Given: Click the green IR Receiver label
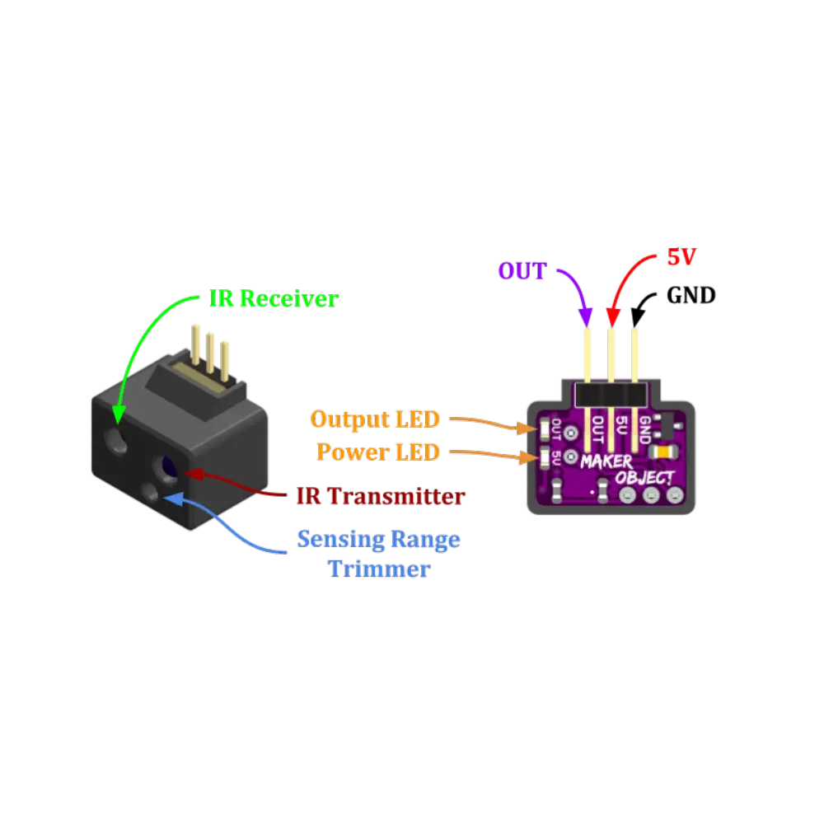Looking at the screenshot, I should pos(274,298).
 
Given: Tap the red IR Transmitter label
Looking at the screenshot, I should pos(381,497).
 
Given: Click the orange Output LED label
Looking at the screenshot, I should pos(375,419).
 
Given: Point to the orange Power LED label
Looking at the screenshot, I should pos(379,452).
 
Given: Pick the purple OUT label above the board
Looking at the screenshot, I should pos(522,271).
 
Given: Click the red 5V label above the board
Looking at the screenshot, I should pos(681,258).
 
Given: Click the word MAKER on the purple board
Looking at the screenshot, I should pos(606,461).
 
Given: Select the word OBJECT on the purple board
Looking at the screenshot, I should pos(644,477).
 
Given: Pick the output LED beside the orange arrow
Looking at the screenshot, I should pos(545,428).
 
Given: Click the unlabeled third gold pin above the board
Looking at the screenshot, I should pos(635,354).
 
